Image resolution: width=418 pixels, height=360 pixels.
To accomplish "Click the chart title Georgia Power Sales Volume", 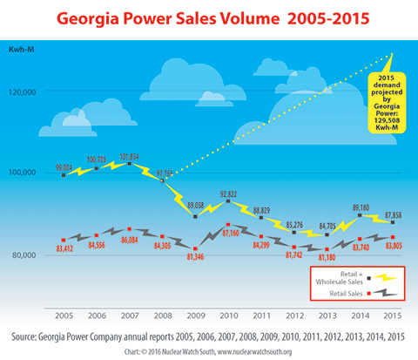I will pyautogui.click(x=209, y=17).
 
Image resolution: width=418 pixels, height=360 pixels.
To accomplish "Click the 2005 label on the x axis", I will pyautogui.click(x=64, y=314).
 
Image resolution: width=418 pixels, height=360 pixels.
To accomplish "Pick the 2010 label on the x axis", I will pyautogui.click(x=227, y=314).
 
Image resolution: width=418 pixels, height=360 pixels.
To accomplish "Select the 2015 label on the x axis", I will pyautogui.click(x=392, y=314).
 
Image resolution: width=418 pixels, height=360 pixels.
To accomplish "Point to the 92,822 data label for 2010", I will pyautogui.click(x=228, y=194).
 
